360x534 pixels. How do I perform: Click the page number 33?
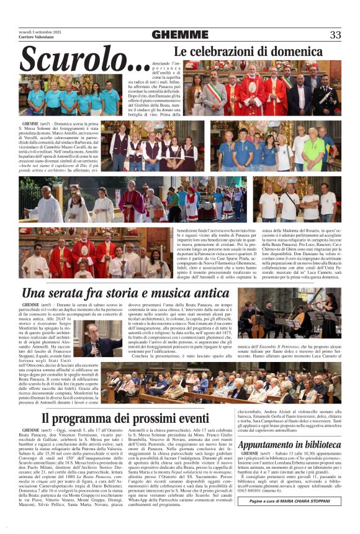coord(335,35)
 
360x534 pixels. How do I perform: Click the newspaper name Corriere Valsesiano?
coord(36,38)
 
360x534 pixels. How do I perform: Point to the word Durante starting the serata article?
coord(66,305)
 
